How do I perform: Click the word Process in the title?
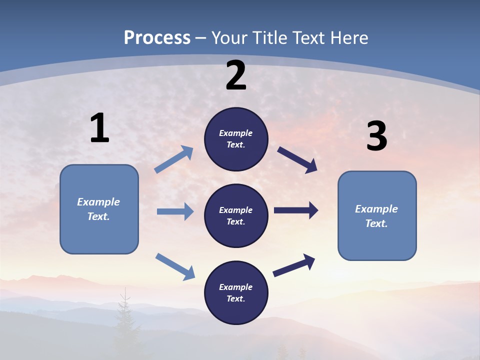[157, 38]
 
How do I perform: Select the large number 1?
[99, 128]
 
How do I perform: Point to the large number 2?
[236, 75]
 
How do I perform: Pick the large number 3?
[376, 136]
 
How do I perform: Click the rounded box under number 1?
[99, 209]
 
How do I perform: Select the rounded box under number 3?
[377, 215]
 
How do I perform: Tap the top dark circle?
[236, 139]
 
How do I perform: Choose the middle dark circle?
[236, 215]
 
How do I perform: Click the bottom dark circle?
[236, 292]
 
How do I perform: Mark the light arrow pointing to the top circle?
[174, 159]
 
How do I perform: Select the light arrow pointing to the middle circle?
[175, 211]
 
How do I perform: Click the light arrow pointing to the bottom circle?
[175, 266]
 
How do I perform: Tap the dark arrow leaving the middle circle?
[296, 210]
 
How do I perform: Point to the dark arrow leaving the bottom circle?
[294, 265]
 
